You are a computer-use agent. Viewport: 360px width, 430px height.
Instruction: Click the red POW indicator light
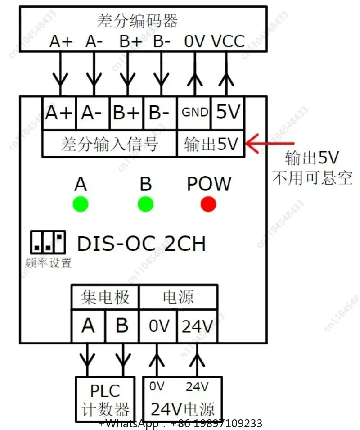[208, 204]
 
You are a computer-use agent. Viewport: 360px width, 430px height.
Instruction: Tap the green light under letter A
[81, 204]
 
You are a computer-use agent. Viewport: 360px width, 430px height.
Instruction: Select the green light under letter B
[145, 204]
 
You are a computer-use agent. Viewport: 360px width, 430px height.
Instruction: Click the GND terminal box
[194, 113]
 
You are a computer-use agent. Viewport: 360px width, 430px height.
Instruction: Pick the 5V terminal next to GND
[228, 113]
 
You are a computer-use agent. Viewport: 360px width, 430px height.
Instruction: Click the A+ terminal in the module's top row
[59, 113]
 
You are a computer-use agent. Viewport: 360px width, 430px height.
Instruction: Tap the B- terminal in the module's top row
[160, 113]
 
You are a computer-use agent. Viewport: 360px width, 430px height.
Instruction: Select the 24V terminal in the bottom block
[198, 326]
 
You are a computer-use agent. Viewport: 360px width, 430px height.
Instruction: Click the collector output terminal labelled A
[88, 326]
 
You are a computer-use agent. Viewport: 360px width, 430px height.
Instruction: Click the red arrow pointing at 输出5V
[270, 143]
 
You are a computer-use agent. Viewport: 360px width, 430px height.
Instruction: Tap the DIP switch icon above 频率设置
[48, 242]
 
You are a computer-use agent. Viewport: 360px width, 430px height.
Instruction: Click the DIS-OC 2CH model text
[141, 244]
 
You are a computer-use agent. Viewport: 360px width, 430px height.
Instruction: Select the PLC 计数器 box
[105, 399]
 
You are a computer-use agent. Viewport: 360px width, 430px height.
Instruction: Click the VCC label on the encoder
[228, 42]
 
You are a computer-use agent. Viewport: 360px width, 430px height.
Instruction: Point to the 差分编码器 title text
[138, 21]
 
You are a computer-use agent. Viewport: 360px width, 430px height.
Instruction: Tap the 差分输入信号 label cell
[110, 144]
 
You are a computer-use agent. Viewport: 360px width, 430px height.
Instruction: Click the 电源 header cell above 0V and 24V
[179, 297]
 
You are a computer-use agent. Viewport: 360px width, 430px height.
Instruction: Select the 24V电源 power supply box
[182, 399]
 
